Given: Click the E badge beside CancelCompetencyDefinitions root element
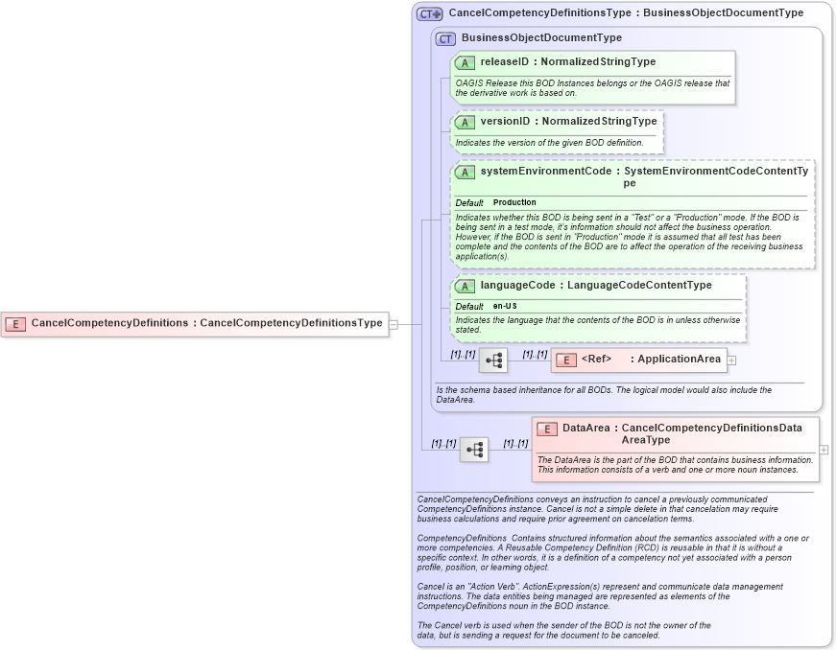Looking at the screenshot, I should coord(15,323).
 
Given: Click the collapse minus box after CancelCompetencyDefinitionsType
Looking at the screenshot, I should coord(394,324).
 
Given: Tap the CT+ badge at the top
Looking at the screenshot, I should coord(429,14).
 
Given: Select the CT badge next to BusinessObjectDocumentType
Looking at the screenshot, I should coord(445,38).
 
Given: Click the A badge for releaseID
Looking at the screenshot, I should coord(466,62).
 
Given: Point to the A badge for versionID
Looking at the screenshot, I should coord(466,122).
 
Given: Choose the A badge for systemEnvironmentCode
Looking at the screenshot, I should coord(466,172).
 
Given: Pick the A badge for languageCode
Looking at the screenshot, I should coord(466,286).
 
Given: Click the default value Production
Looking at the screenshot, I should coord(514,203).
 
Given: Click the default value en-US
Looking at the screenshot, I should coord(505,306).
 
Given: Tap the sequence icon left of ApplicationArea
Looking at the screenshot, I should coord(493,360).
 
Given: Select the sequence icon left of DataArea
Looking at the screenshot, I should coord(474,449).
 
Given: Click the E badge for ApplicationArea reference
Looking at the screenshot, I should coord(566,360).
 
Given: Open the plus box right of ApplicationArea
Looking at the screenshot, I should coord(731,360).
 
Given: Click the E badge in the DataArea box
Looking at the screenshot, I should coord(547,429).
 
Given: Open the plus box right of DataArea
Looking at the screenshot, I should coord(824,449).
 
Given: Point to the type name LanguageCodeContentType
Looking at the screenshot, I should coord(639,286).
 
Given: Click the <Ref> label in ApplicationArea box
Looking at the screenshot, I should coord(596,360).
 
